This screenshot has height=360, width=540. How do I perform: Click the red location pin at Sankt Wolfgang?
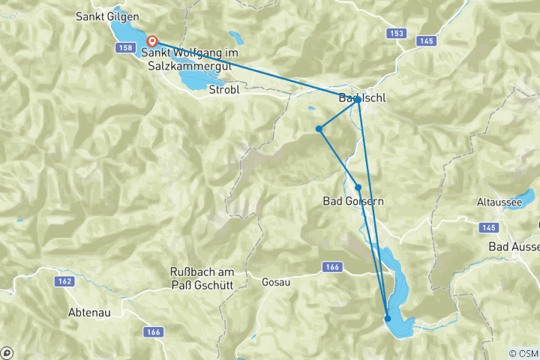pos(152,41)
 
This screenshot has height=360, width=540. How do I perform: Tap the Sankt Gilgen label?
pos(108,15)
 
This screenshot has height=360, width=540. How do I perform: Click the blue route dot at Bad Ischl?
pos(358,99)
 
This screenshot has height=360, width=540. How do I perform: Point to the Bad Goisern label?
pos(353,201)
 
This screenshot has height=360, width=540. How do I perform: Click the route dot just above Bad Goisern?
pos(358,187)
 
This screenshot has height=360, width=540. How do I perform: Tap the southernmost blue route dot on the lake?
pos(388,319)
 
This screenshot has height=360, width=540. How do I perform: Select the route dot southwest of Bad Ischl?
pos(319,129)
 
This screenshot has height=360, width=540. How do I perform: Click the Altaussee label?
pos(498,202)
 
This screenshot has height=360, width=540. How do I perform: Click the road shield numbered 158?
pos(126,48)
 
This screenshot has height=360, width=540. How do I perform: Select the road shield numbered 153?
pos(397,34)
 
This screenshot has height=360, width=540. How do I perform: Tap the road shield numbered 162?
pos(64,281)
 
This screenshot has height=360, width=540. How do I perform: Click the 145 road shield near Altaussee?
pos(489,227)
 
